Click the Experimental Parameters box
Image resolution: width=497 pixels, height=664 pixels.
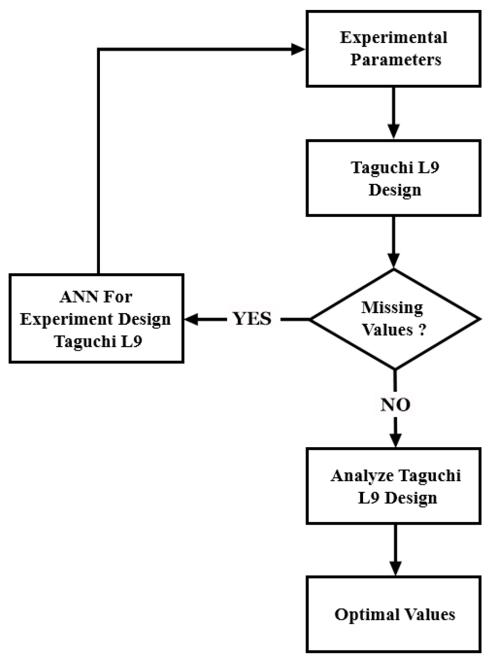tap(394, 50)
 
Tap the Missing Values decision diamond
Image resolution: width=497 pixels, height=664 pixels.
tap(395, 319)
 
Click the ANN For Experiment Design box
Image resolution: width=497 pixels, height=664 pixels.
tap(96, 318)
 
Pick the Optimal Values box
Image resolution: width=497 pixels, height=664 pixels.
tap(394, 614)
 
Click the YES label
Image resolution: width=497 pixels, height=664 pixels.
tap(252, 319)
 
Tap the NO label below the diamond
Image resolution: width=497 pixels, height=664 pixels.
tap(395, 404)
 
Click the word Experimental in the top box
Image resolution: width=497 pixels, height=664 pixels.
tap(393, 38)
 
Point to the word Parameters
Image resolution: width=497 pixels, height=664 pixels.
tap(396, 60)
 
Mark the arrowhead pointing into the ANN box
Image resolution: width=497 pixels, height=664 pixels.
tap(190, 319)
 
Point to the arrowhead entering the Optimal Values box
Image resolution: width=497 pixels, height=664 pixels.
tap(395, 568)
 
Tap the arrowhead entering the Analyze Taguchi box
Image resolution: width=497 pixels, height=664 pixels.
tap(395, 440)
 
